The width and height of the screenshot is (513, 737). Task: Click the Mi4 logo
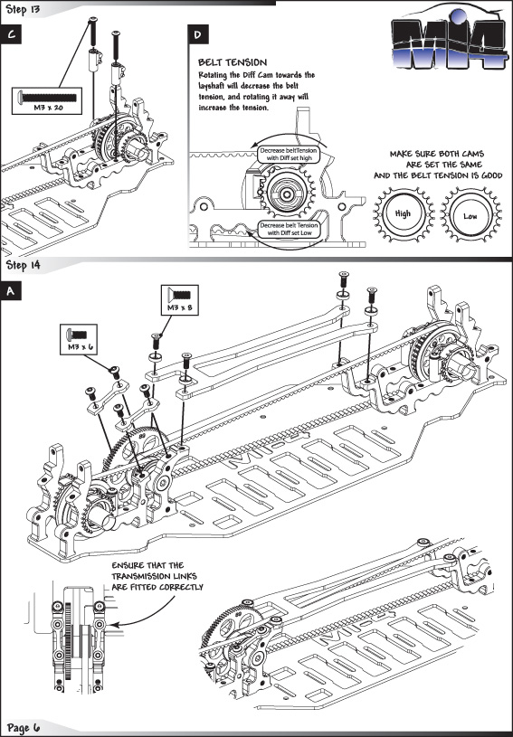click(x=449, y=41)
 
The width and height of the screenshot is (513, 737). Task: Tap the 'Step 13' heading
click(x=23, y=9)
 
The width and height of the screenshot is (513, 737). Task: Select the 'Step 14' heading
click(x=23, y=265)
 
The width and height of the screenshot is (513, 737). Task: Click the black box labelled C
click(x=11, y=34)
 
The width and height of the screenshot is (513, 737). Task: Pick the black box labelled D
click(x=198, y=34)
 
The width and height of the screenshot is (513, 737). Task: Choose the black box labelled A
click(x=11, y=291)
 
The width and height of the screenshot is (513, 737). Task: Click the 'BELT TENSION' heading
click(x=233, y=62)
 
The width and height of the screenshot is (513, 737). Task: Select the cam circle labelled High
click(x=403, y=213)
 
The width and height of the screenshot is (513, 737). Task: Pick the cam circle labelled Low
click(x=470, y=215)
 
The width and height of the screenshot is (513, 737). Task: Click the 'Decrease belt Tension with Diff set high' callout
click(x=289, y=154)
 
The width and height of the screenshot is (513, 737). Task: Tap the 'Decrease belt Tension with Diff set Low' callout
click(x=289, y=229)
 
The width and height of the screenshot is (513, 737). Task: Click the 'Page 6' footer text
click(x=24, y=729)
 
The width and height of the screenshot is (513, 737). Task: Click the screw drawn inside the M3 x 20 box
click(x=47, y=98)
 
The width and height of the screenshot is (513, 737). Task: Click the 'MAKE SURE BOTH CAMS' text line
click(x=437, y=154)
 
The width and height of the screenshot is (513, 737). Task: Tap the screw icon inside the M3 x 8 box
click(x=180, y=295)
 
